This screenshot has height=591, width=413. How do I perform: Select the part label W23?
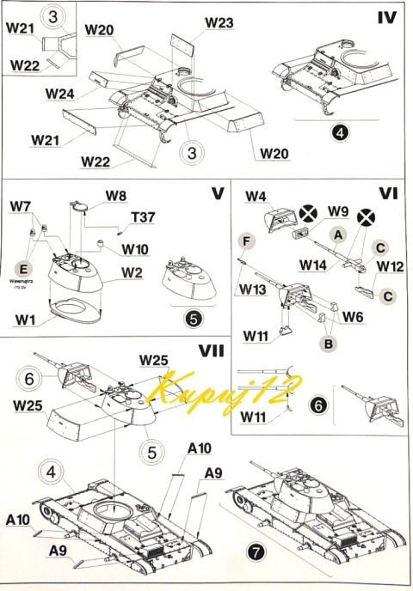tap(219, 22)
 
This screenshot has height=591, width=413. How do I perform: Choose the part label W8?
tap(116, 196)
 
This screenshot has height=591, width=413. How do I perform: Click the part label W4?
tap(255, 196)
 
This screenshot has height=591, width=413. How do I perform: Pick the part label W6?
tap(352, 316)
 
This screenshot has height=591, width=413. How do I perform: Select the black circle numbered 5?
tap(194, 318)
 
